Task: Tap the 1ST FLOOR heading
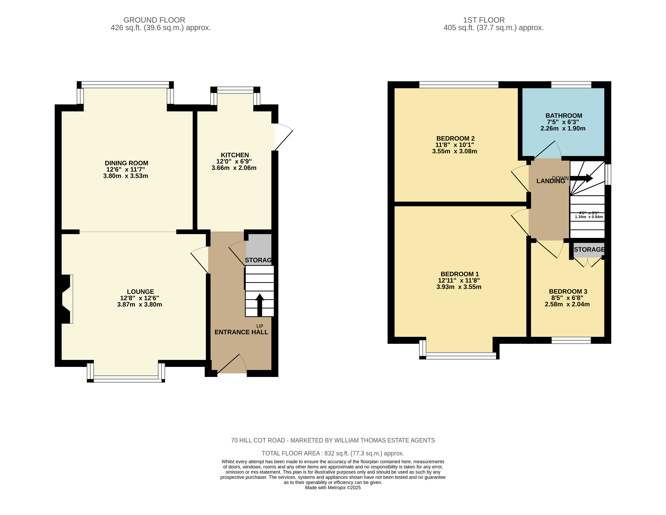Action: [484, 20]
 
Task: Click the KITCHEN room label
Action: [235, 155]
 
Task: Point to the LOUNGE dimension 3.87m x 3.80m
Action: [139, 304]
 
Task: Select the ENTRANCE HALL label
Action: [241, 332]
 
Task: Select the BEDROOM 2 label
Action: [455, 139]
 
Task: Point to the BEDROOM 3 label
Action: [568, 292]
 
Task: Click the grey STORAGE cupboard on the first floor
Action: [589, 250]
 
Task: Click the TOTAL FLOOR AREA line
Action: [333, 453]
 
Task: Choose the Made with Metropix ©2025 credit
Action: [333, 487]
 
